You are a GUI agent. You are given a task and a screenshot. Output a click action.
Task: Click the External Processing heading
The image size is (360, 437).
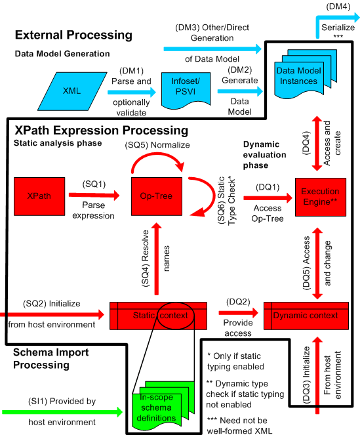[73, 35]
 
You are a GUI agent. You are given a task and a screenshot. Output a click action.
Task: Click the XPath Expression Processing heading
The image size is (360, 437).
[101, 131]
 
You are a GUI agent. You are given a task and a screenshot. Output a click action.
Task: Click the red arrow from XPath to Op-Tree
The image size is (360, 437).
[99, 195]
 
